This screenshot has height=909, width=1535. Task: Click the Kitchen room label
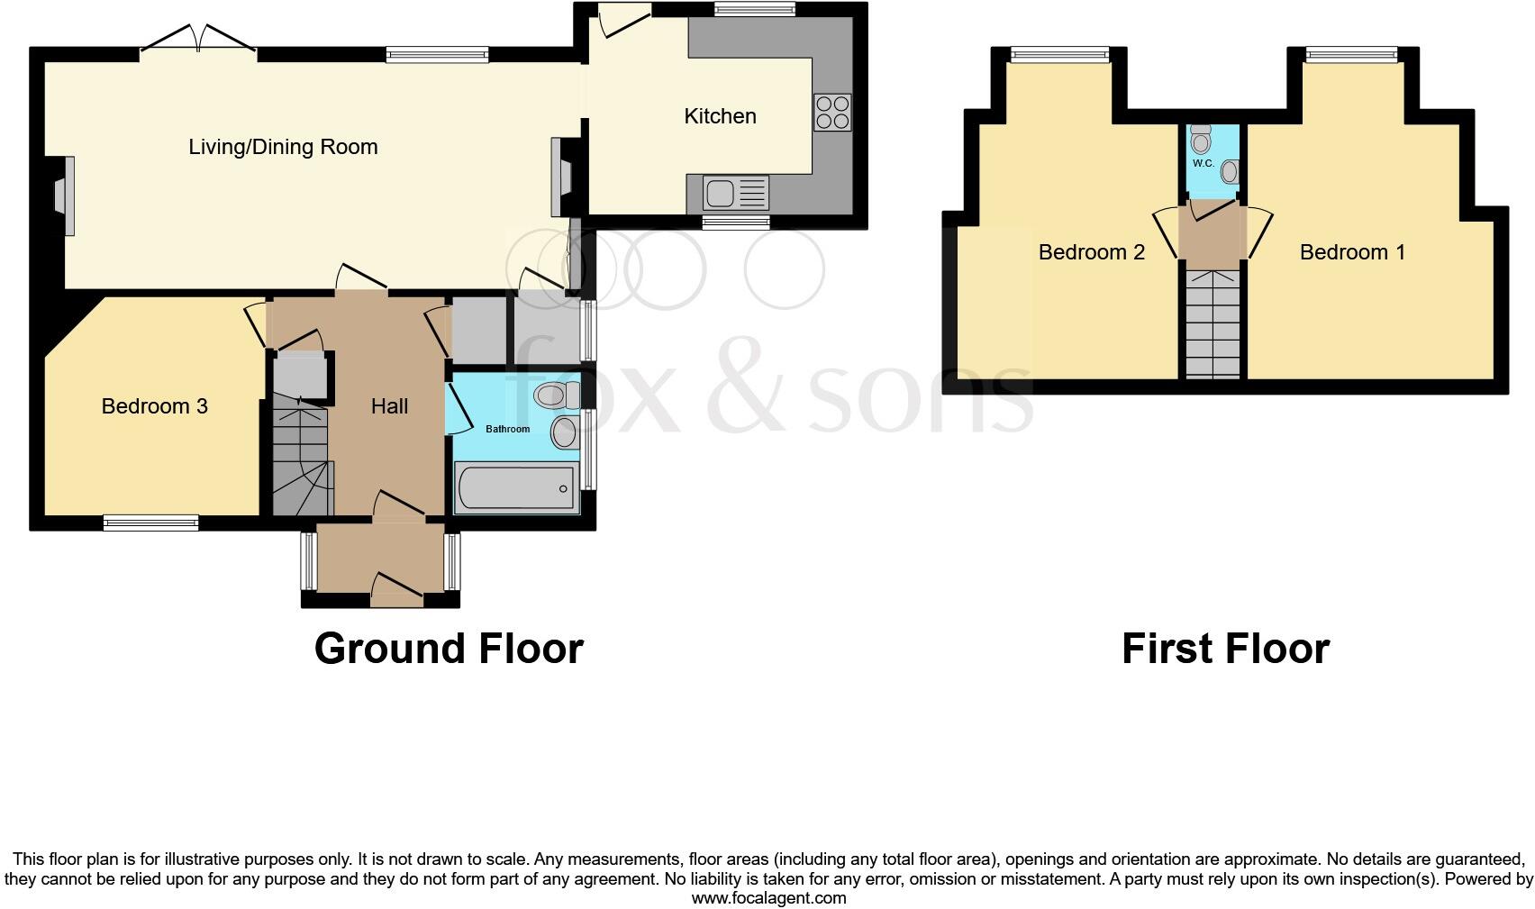[720, 116]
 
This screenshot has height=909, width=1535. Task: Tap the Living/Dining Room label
[283, 147]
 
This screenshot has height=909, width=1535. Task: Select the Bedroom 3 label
[154, 406]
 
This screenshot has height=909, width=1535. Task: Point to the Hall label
[389, 406]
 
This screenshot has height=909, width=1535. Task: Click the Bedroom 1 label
[1351, 252]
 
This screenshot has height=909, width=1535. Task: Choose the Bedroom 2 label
[1091, 252]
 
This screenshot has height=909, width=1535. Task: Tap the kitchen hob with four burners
[831, 113]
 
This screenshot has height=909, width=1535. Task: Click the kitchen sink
[722, 193]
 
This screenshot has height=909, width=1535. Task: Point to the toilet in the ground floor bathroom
[555, 395]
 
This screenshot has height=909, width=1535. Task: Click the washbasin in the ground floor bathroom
[565, 432]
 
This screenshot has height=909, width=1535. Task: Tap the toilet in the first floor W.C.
[1201, 140]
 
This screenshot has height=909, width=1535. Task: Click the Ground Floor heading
[449, 649]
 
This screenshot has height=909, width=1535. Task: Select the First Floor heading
[1224, 649]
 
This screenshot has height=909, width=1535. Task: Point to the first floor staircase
[1213, 324]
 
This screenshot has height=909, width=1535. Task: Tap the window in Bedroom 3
[150, 522]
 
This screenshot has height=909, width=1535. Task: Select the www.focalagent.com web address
[768, 897]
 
